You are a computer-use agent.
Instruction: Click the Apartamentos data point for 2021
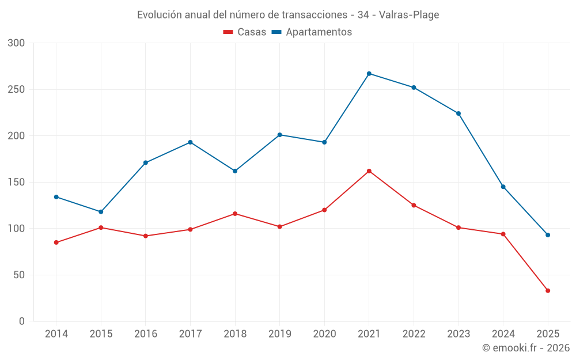[x=369, y=74]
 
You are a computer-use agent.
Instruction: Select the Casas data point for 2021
[x=369, y=171]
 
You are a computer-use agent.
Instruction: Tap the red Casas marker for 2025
[x=548, y=291]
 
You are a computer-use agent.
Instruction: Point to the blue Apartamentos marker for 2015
[x=101, y=212]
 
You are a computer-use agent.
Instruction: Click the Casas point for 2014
[x=56, y=242]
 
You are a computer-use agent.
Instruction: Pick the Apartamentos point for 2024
[x=503, y=187]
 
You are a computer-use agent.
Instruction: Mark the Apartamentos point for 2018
[x=235, y=171]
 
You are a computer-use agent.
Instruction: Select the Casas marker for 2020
[x=324, y=210]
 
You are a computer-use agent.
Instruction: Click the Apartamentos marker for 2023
[x=458, y=113]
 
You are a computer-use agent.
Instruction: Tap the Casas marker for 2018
[x=235, y=214]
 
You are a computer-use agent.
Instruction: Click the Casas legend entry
[x=245, y=32]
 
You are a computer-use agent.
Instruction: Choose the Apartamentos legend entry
[x=312, y=32]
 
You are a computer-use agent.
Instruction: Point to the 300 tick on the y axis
[x=17, y=43]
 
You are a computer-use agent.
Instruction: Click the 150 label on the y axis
[x=17, y=183]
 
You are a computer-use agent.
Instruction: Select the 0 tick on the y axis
[x=22, y=321]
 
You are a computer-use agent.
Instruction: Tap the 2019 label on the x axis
[x=280, y=334]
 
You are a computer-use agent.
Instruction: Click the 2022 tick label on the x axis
[x=414, y=334]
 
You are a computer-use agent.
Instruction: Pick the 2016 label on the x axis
[x=146, y=334]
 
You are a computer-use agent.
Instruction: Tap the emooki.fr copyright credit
[x=525, y=348]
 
